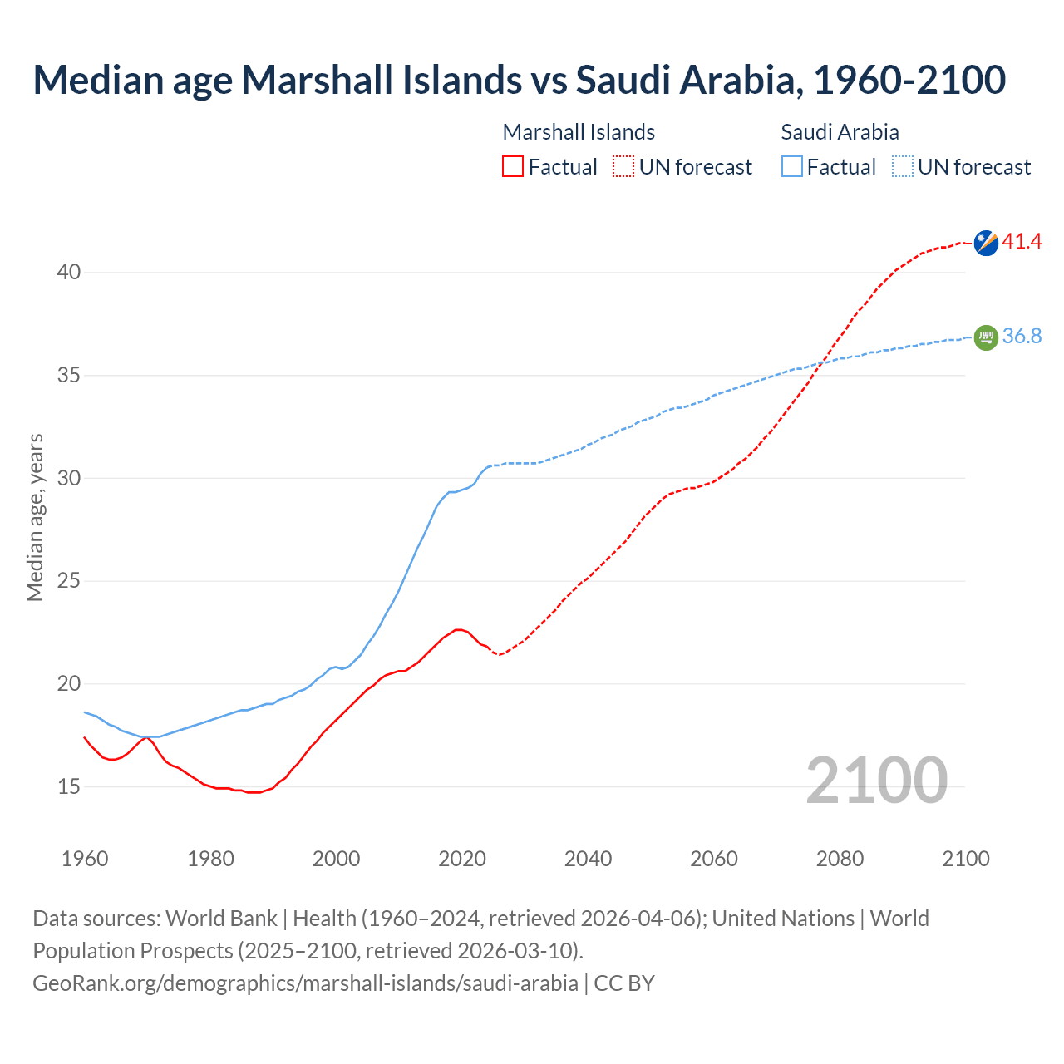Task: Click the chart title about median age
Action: tap(519, 80)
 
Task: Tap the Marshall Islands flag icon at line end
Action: tap(986, 243)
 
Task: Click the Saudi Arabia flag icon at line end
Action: tap(986, 337)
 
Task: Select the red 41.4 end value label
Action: tap(1022, 242)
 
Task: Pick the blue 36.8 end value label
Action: tap(1022, 337)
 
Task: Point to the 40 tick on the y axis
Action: tap(69, 273)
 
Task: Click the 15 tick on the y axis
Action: tap(69, 786)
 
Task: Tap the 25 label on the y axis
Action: tap(69, 581)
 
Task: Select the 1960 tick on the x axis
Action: tap(85, 859)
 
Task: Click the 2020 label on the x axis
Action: tap(462, 859)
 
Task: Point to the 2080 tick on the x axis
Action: tap(840, 859)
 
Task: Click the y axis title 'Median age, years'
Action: tap(35, 517)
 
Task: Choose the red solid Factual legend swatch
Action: tap(513, 167)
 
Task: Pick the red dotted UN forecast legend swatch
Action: tap(623, 167)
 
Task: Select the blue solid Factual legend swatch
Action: tap(792, 167)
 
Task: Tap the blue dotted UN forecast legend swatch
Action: tap(903, 167)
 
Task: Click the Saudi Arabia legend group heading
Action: tap(840, 132)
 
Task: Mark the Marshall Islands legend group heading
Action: tap(579, 132)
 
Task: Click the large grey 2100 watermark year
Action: tap(876, 781)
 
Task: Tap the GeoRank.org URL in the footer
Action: tap(305, 983)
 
